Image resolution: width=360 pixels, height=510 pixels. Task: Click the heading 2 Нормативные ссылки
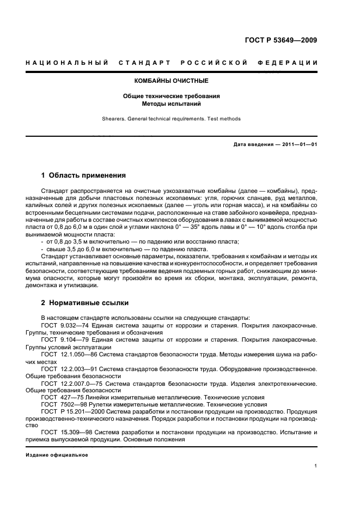pyautogui.click(x=82, y=302)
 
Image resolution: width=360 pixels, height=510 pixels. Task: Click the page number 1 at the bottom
pyautogui.click(x=315, y=466)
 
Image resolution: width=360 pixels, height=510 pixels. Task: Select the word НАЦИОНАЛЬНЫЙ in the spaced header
pyautogui.click(x=66, y=63)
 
